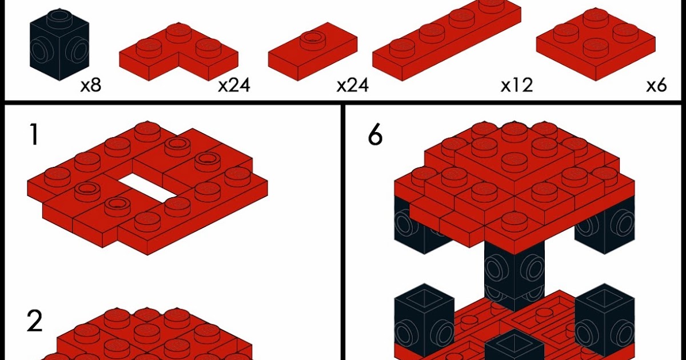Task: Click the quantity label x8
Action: click(91, 86)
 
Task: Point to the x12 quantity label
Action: click(516, 85)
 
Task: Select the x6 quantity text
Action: click(657, 86)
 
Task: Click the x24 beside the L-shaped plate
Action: click(234, 86)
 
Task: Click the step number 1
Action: click(34, 135)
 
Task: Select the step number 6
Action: click(375, 136)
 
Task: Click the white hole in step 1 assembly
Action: click(145, 189)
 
